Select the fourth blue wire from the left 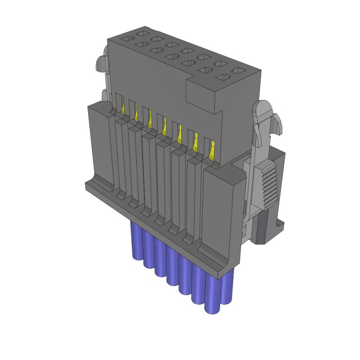click(x=172, y=265)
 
